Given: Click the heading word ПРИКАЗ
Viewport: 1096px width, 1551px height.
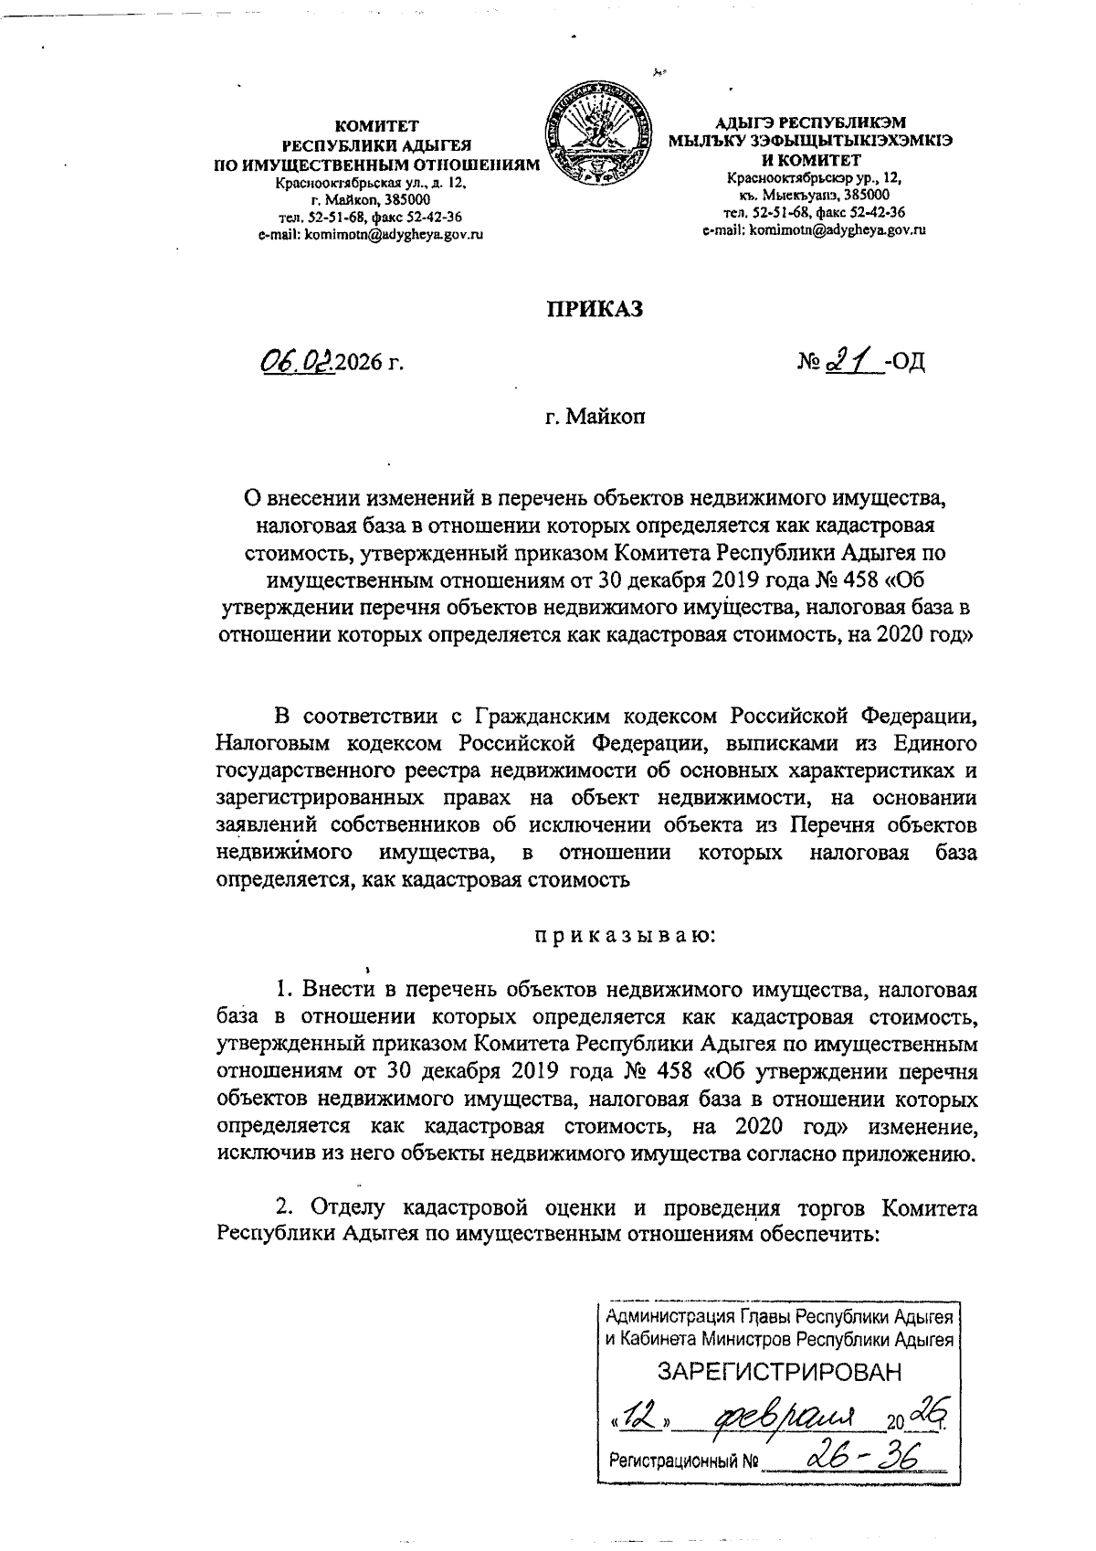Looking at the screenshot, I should (595, 309).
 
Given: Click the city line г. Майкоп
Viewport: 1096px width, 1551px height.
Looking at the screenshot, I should (594, 418).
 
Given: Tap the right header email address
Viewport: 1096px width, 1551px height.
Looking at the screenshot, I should (814, 230).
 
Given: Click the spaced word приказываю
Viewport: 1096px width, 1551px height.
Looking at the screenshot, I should (625, 936).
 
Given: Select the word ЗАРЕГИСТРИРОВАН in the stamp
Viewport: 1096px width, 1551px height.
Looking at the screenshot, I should (779, 1370).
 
